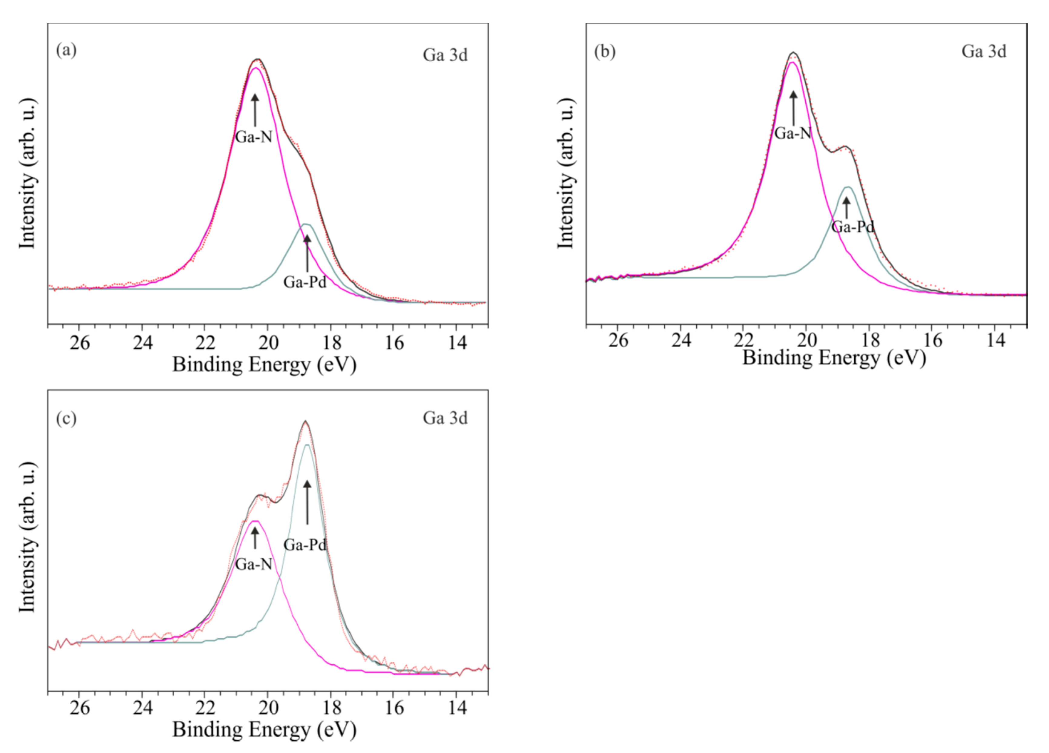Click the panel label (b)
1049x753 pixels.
[x=605, y=51]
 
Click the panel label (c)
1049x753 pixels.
[x=66, y=418]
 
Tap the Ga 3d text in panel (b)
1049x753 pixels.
[x=984, y=51]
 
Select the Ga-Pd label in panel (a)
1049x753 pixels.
[x=305, y=282]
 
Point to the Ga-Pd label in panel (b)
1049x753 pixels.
[x=853, y=227]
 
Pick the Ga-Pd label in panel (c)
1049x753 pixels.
[x=305, y=544]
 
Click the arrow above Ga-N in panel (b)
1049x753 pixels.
[x=793, y=108]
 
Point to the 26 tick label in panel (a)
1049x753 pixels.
[x=80, y=343]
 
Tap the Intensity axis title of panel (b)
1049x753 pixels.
[x=565, y=173]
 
